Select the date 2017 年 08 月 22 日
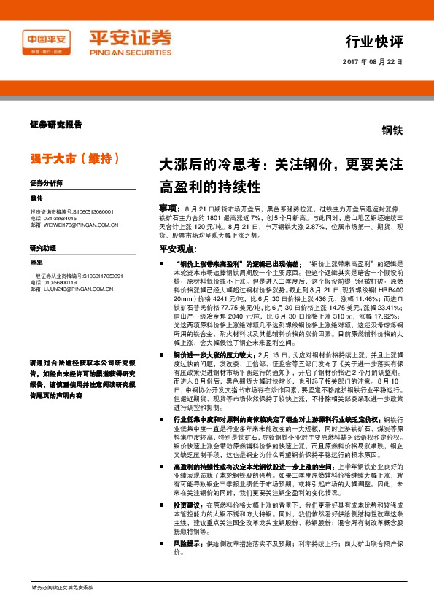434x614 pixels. point(372,62)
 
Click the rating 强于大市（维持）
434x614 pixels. point(69,158)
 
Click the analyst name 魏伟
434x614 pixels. point(37,198)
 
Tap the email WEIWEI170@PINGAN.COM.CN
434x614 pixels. point(80,225)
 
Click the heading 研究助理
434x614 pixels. point(42,249)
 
